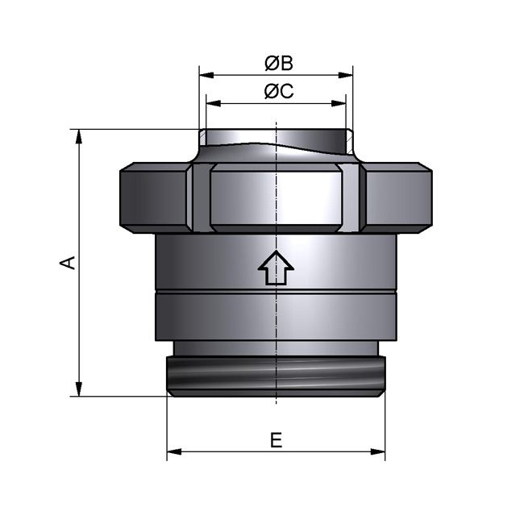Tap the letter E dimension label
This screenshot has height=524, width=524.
click(276, 440)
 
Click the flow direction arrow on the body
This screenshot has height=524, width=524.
click(276, 268)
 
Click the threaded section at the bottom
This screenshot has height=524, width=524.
click(276, 375)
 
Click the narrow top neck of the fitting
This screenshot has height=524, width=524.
click(276, 140)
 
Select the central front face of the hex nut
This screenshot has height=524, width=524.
click(276, 198)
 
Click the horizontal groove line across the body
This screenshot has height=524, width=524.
click(276, 291)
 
